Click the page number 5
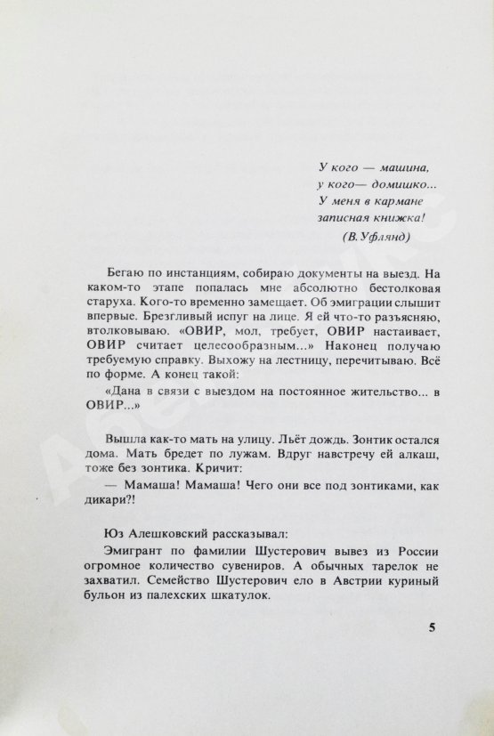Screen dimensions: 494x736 [432, 627]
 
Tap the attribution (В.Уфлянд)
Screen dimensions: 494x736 [376, 235]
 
